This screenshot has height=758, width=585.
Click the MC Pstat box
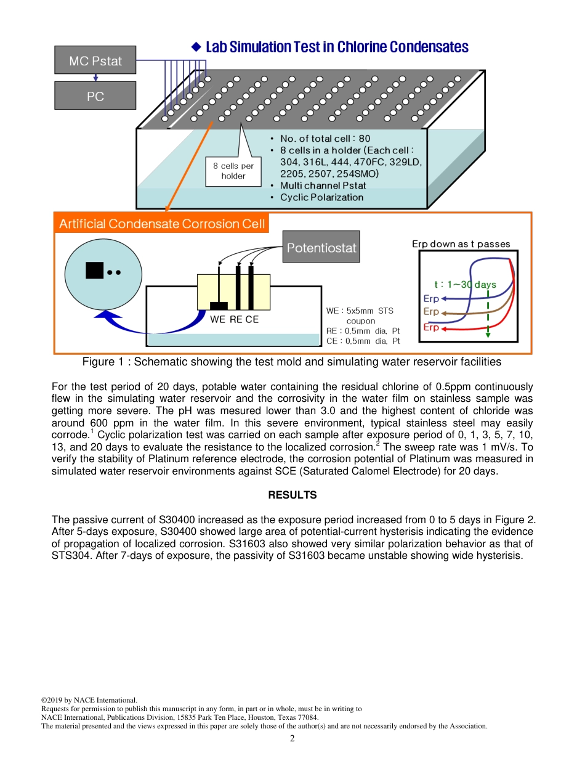95,60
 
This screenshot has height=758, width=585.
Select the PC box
95,96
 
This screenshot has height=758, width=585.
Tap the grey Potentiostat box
321,248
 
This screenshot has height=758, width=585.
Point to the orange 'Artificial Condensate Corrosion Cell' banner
162,224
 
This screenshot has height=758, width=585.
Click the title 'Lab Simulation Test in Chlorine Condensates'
337,47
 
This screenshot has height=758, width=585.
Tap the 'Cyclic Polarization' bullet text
321,197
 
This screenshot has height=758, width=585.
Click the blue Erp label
431,298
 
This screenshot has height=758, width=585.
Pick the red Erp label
431,327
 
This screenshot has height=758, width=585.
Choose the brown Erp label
431,312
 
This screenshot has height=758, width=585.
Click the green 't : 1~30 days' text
465,285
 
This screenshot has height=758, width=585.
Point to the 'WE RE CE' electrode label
234,319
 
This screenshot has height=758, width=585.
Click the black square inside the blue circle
94,271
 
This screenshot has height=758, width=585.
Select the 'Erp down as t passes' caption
461,244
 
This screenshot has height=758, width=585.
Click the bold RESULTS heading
292,495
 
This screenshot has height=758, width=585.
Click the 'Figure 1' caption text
292,362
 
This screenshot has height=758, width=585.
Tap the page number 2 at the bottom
292,739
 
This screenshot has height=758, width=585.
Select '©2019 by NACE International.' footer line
89,700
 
